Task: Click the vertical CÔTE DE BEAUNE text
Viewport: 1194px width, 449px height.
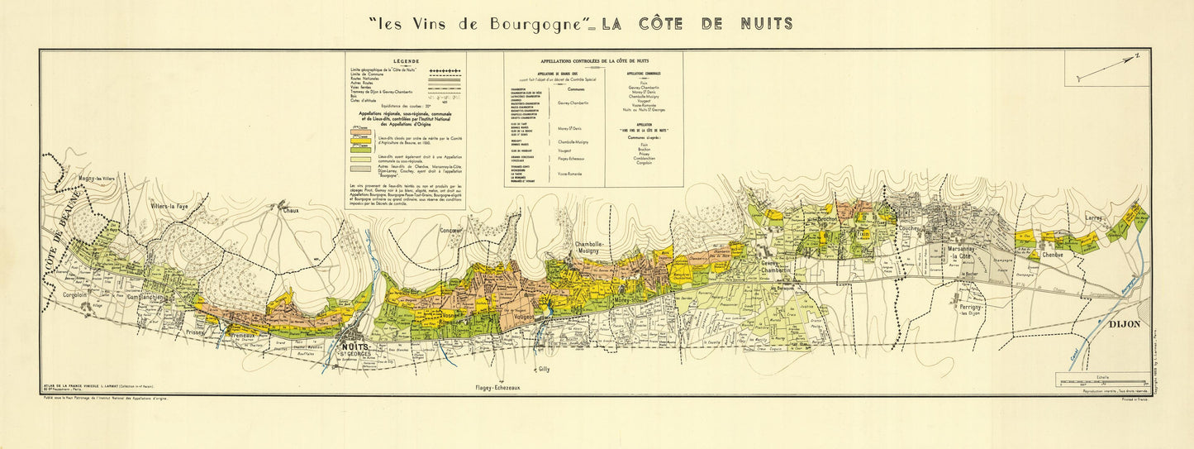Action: click(57, 232)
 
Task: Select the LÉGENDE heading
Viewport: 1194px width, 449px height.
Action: click(406, 61)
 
